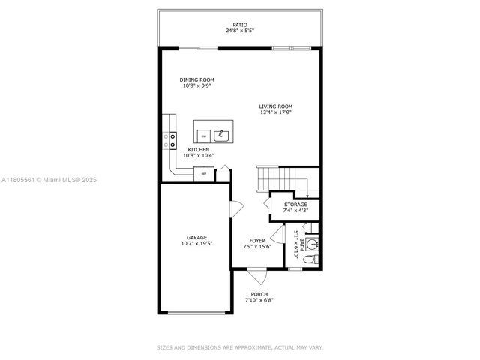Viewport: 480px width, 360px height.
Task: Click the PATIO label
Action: (x=240, y=25)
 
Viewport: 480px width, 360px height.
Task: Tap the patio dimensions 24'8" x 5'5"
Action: (x=240, y=31)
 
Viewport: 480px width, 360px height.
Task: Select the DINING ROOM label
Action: (x=197, y=79)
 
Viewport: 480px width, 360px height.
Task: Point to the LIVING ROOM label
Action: (x=276, y=106)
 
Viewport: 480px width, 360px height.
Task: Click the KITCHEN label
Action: (x=199, y=149)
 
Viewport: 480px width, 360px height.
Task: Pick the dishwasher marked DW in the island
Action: (x=203, y=136)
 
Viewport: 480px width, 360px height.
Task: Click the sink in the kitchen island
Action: (x=222, y=136)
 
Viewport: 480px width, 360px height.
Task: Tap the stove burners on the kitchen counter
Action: (x=172, y=140)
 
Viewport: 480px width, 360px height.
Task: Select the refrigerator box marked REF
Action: (x=204, y=174)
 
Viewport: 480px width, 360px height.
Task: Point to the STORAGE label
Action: (x=295, y=204)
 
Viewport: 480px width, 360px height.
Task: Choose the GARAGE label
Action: (x=196, y=237)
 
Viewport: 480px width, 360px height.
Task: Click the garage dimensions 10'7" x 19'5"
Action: (x=196, y=243)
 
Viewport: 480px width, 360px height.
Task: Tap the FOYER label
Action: (x=257, y=240)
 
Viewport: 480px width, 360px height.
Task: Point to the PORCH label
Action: (x=259, y=294)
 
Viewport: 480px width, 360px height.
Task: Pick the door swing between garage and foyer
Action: (x=236, y=208)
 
